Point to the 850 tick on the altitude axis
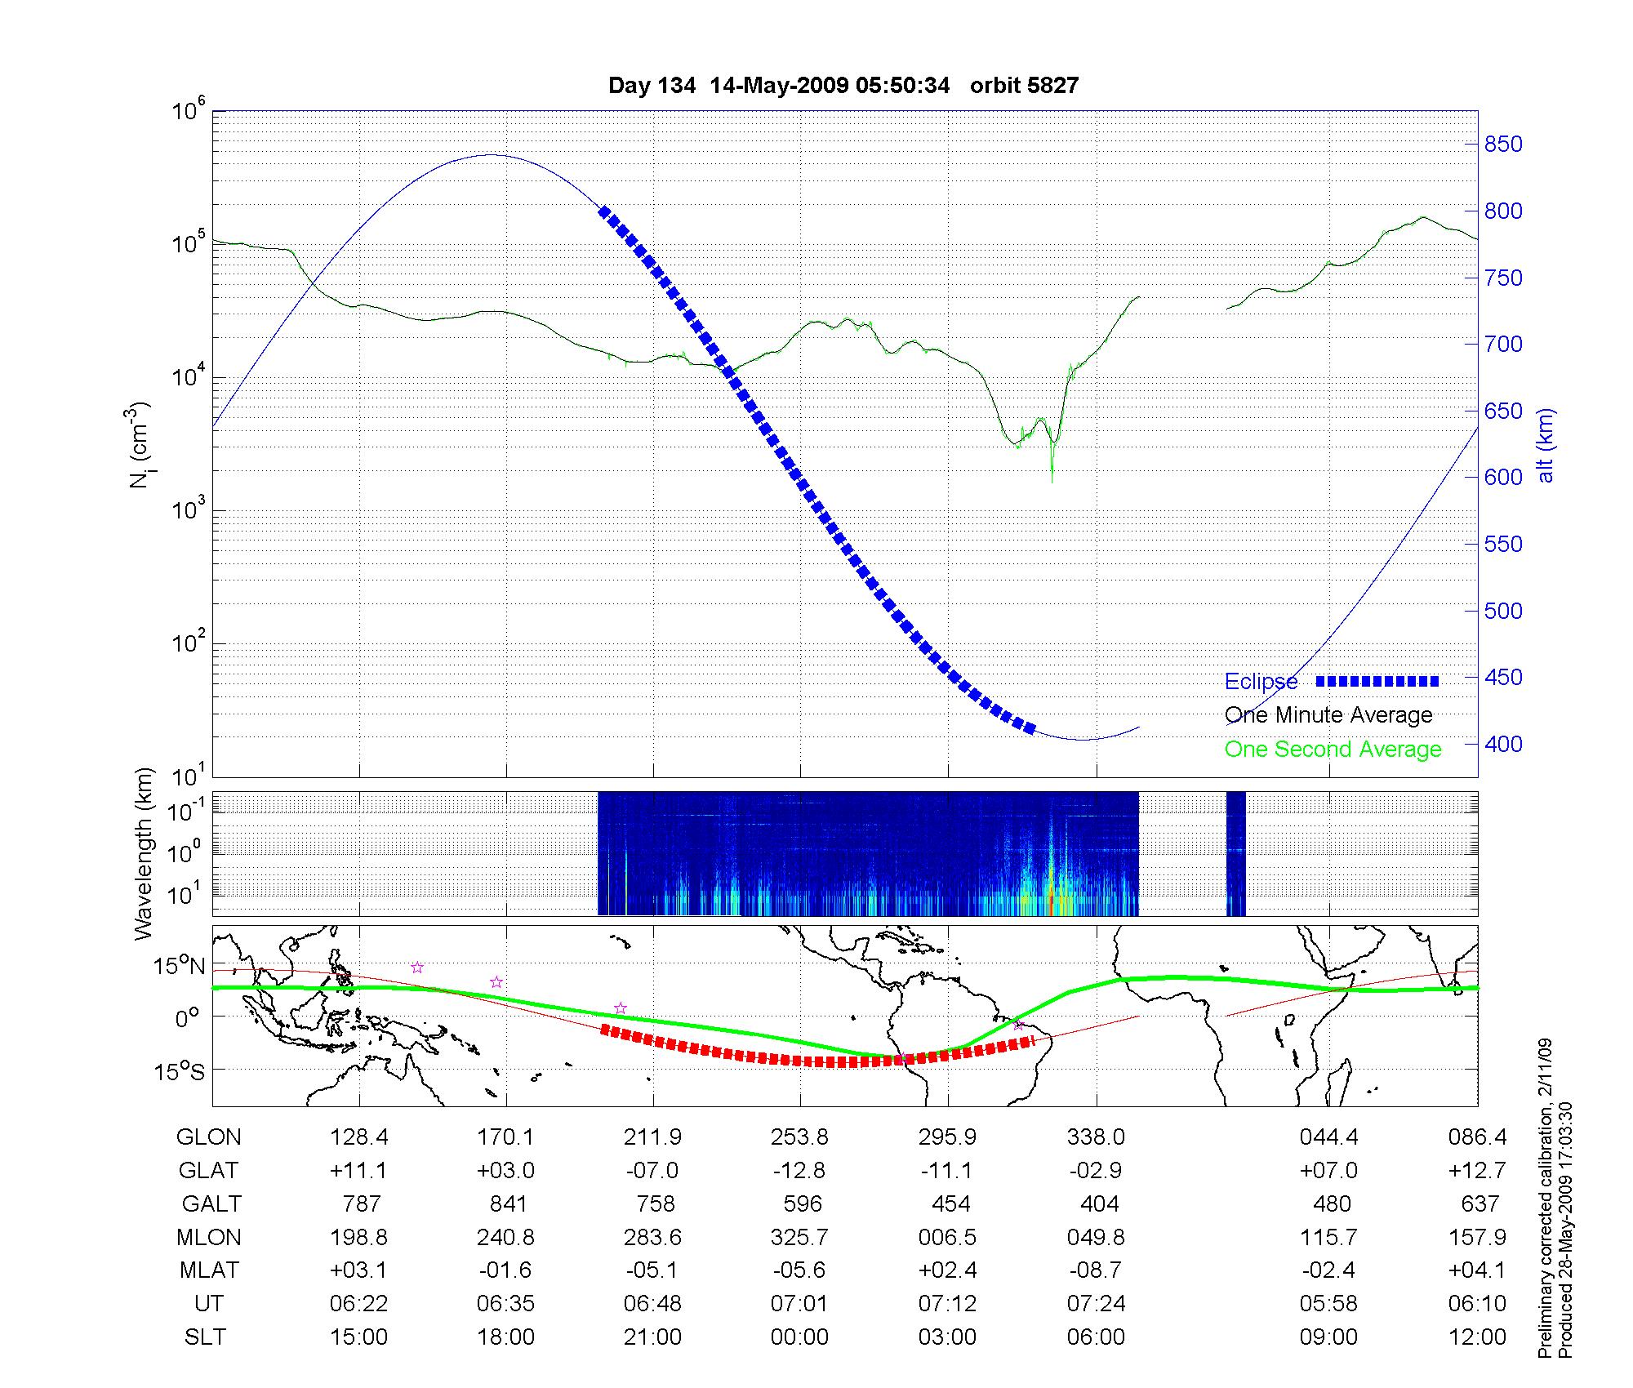click(1502, 145)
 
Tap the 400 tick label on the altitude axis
click(1502, 744)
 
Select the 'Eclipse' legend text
click(1261, 682)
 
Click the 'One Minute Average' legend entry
click(1328, 715)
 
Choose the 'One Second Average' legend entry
click(1333, 750)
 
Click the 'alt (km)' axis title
click(1546, 445)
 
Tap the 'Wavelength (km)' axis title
click(144, 853)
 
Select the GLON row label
click(208, 1137)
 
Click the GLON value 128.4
click(358, 1137)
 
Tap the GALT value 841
click(507, 1204)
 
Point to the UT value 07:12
click(947, 1304)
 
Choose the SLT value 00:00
click(799, 1337)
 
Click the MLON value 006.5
click(947, 1238)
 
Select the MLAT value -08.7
click(1096, 1271)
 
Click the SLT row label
click(205, 1337)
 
